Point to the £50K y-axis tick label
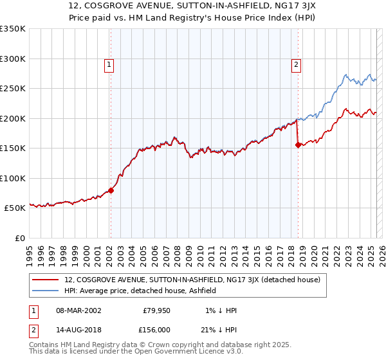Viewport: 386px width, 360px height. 15,208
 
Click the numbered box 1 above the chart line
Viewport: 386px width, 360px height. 110,64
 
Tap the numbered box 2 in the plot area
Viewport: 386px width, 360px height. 296,64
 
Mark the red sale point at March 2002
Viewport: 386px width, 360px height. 111,190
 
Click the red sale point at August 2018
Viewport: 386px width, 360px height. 297,145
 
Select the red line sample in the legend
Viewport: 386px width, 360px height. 46,280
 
